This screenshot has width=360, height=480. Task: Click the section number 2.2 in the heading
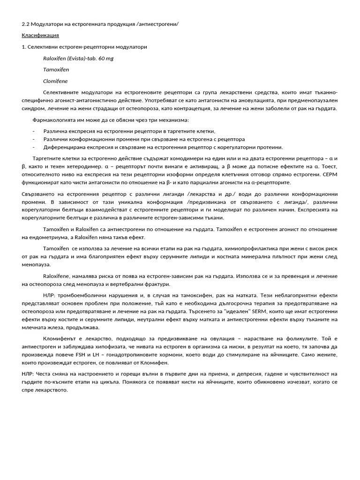click(25, 24)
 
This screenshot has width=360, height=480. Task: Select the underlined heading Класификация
click(40, 36)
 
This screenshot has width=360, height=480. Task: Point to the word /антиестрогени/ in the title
click(158, 24)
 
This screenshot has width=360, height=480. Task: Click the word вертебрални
click(125, 284)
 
